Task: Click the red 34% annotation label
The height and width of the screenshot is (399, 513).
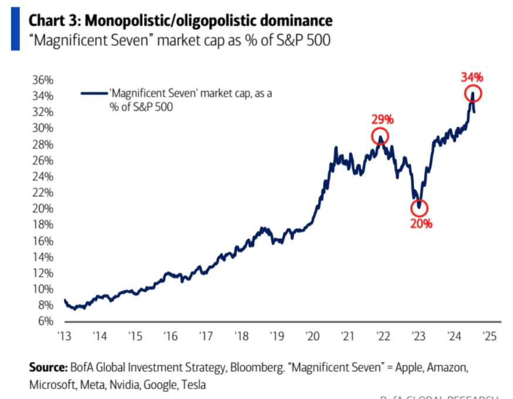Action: click(x=471, y=77)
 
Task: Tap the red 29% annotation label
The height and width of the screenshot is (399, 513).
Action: click(x=382, y=119)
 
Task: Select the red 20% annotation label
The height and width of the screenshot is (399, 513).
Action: click(x=421, y=224)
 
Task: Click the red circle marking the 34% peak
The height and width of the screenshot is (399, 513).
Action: click(x=473, y=93)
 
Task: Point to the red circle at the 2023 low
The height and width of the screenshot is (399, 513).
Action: click(x=419, y=207)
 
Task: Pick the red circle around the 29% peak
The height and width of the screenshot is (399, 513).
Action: click(x=380, y=137)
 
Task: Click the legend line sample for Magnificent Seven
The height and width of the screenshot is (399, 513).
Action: click(x=94, y=93)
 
